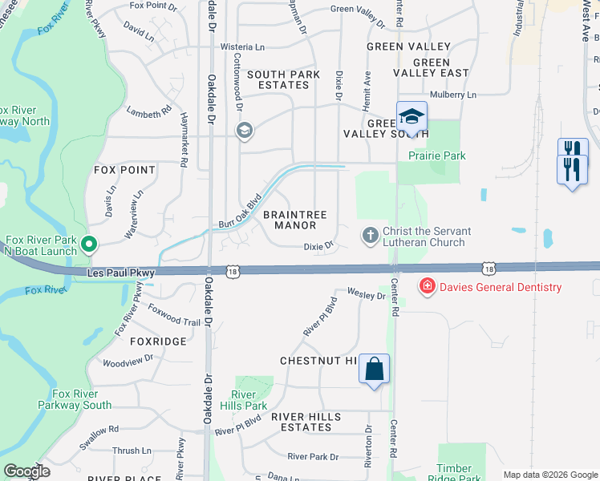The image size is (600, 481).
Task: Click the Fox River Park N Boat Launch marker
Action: click(89, 244)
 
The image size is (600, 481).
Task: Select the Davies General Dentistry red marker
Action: click(428, 286)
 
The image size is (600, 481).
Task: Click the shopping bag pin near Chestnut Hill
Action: click(374, 370)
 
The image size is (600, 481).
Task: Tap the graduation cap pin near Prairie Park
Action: click(411, 118)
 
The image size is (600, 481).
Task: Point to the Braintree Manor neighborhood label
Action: click(295, 220)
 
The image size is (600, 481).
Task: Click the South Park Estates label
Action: click(283, 79)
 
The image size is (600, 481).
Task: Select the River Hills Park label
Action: click(243, 400)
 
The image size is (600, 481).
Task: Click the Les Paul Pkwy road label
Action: click(119, 274)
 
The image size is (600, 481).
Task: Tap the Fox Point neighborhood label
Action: click(124, 170)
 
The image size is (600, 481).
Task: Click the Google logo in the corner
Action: click(26, 471)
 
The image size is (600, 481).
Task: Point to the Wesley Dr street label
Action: click(366, 295)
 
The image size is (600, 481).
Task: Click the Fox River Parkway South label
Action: click(75, 399)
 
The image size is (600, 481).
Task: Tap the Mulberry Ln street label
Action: click(453, 95)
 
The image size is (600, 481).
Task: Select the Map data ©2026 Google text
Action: click(549, 475)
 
